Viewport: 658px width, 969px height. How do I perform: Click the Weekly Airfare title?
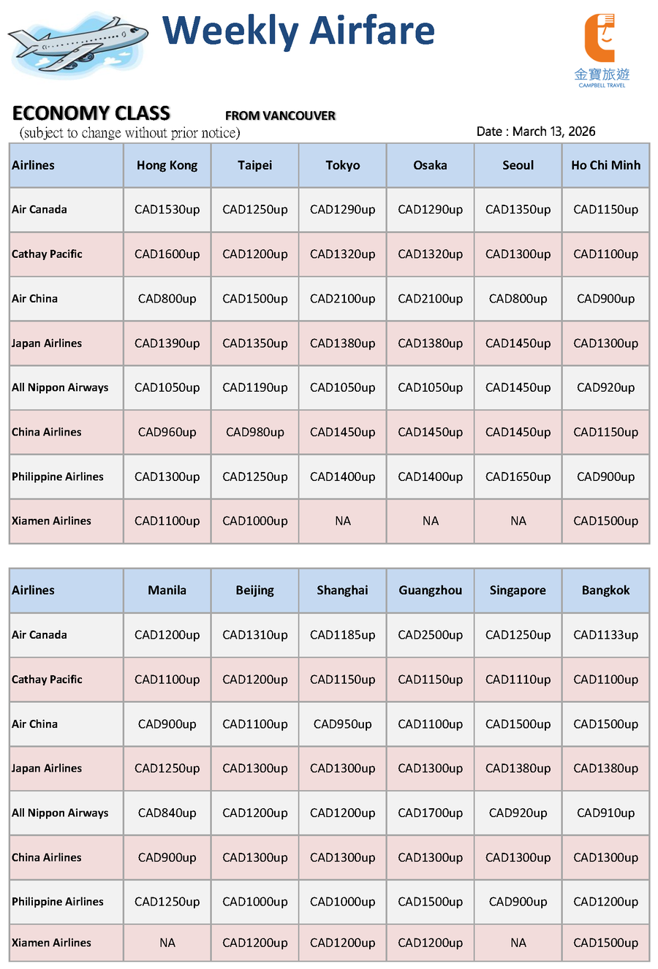[x=298, y=31]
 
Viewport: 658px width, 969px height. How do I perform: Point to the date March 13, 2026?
[x=536, y=132]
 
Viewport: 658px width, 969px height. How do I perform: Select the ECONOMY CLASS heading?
[x=91, y=113]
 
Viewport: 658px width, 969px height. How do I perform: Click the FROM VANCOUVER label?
[x=280, y=115]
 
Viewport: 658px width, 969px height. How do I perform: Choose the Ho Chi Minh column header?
[x=605, y=165]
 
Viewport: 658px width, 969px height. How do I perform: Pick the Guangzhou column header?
[x=430, y=590]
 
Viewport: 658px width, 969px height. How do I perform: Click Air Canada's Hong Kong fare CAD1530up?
[x=167, y=210]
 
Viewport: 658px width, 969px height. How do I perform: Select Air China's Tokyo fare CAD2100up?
[x=342, y=299]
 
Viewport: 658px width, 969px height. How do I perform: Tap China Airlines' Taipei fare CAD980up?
[x=254, y=433]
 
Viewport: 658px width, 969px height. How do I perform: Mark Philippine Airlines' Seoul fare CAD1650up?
[x=518, y=477]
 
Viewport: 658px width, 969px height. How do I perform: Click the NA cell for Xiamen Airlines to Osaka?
[x=430, y=521]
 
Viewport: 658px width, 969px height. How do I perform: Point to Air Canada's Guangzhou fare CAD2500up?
[x=430, y=635]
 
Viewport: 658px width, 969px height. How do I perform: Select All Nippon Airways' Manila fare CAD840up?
[x=167, y=813]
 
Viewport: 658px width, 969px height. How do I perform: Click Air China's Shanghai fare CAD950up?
[x=342, y=724]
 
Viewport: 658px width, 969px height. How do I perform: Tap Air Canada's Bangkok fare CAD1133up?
[x=605, y=635]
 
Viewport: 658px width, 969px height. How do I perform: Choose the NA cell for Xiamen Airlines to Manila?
[x=167, y=943]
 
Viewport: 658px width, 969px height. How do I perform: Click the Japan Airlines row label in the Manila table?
[x=47, y=769]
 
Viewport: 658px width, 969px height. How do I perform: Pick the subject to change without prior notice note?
[x=129, y=133]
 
